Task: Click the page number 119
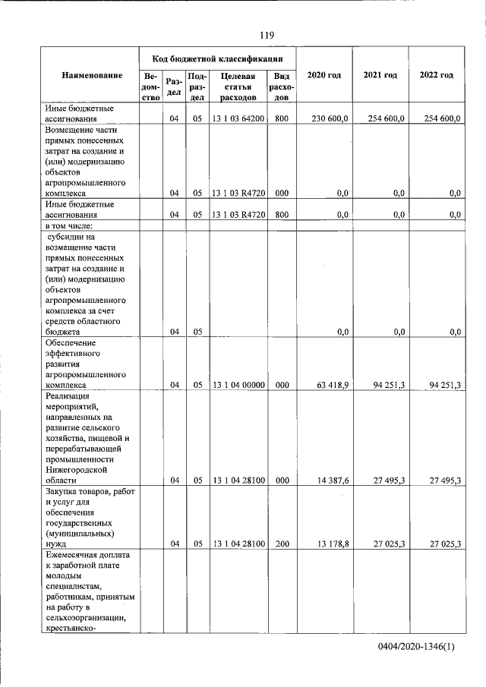267,35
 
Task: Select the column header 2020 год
323,75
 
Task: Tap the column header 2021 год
380,75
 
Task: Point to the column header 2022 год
437,75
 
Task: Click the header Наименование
92,75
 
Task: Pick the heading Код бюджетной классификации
217,58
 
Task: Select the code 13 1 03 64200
238,118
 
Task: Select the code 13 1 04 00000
238,385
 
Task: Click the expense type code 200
282,544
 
